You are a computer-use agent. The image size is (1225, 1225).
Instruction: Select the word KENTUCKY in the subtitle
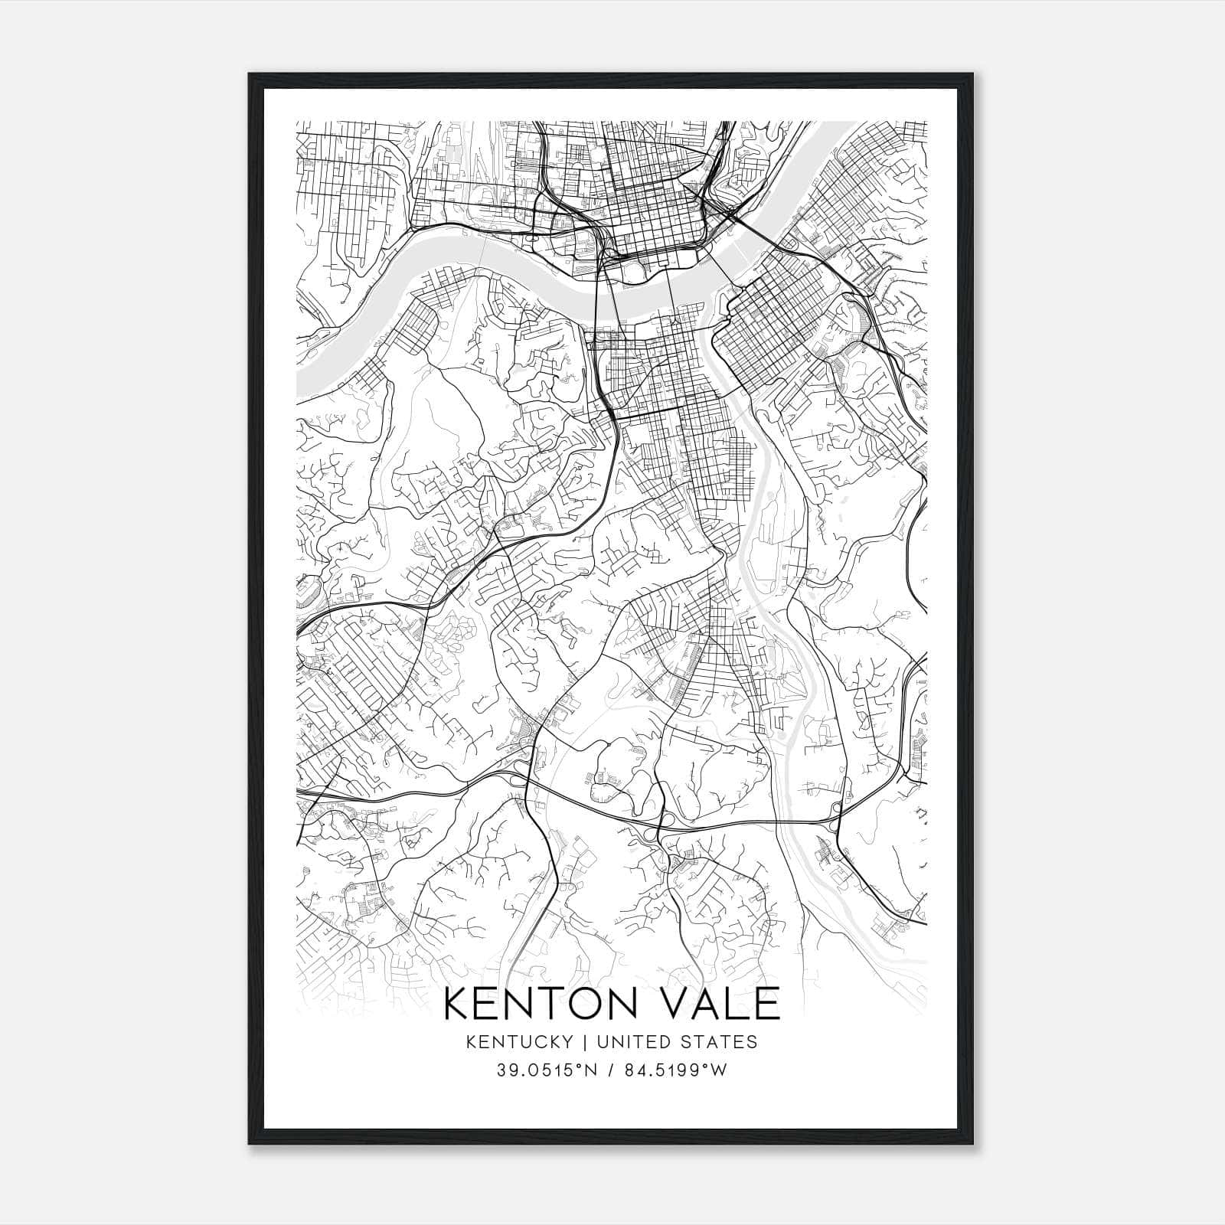(x=520, y=1042)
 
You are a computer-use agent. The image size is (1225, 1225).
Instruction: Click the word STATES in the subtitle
(x=719, y=1042)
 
